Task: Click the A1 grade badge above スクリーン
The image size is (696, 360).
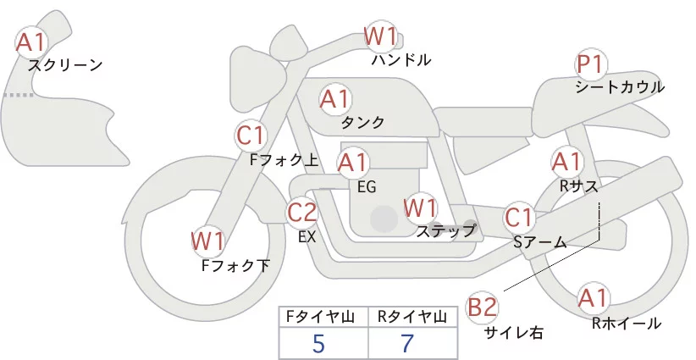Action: (x=32, y=41)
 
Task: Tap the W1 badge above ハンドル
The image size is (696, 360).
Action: (x=380, y=36)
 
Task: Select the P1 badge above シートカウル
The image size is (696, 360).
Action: (x=589, y=64)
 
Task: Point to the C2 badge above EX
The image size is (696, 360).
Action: (x=302, y=212)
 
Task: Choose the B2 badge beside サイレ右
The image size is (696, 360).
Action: (x=483, y=307)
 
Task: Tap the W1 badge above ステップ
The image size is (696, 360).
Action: (x=420, y=207)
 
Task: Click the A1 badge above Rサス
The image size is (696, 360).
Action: (x=566, y=160)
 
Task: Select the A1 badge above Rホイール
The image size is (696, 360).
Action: (x=592, y=297)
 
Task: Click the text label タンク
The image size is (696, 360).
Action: (x=362, y=123)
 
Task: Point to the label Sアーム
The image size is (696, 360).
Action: (x=539, y=241)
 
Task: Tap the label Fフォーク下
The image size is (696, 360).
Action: (x=235, y=265)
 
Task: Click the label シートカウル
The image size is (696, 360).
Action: (x=619, y=87)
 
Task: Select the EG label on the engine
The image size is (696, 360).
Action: (x=367, y=186)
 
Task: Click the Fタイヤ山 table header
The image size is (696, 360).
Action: (x=324, y=317)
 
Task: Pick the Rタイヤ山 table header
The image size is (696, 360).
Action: (x=415, y=317)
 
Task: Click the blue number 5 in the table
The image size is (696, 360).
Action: (x=318, y=344)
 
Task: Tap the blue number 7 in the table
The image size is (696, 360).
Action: (x=408, y=344)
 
